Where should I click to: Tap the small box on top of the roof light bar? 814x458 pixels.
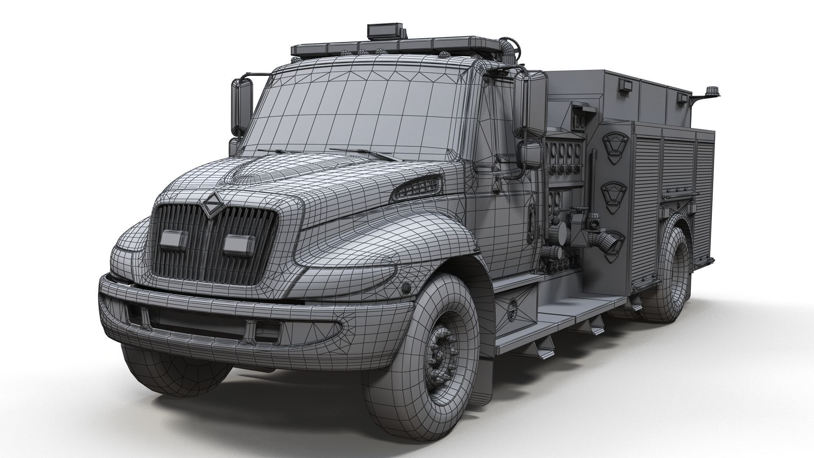click(x=385, y=31)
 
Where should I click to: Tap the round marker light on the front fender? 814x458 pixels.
click(x=406, y=288)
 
